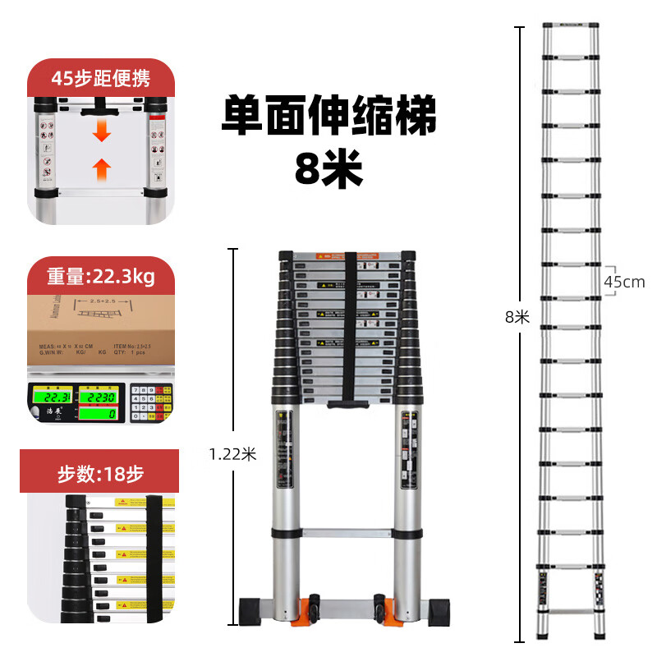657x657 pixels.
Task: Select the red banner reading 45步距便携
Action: pyautogui.click(x=100, y=79)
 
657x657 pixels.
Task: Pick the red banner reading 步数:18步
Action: pyautogui.click(x=100, y=474)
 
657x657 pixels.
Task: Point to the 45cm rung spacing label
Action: pyautogui.click(x=624, y=282)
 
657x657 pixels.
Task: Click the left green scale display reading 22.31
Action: pyautogui.click(x=48, y=398)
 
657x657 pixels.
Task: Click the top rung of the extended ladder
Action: pyautogui.click(x=570, y=25)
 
